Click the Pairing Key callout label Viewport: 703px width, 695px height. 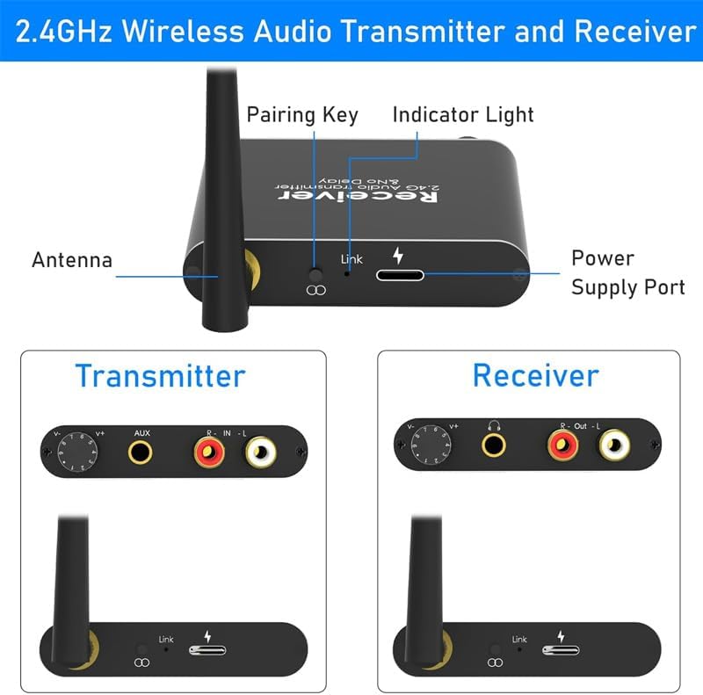(301, 115)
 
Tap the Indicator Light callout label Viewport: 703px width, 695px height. (463, 115)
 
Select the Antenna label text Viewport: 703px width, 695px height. (72, 260)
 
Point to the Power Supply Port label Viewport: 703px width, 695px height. (627, 272)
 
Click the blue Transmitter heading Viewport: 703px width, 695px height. (160, 375)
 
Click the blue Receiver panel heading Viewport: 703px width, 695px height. (535, 375)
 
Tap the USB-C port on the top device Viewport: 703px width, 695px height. (399, 275)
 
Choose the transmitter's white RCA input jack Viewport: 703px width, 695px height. (262, 453)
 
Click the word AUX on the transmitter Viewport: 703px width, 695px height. (141, 432)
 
